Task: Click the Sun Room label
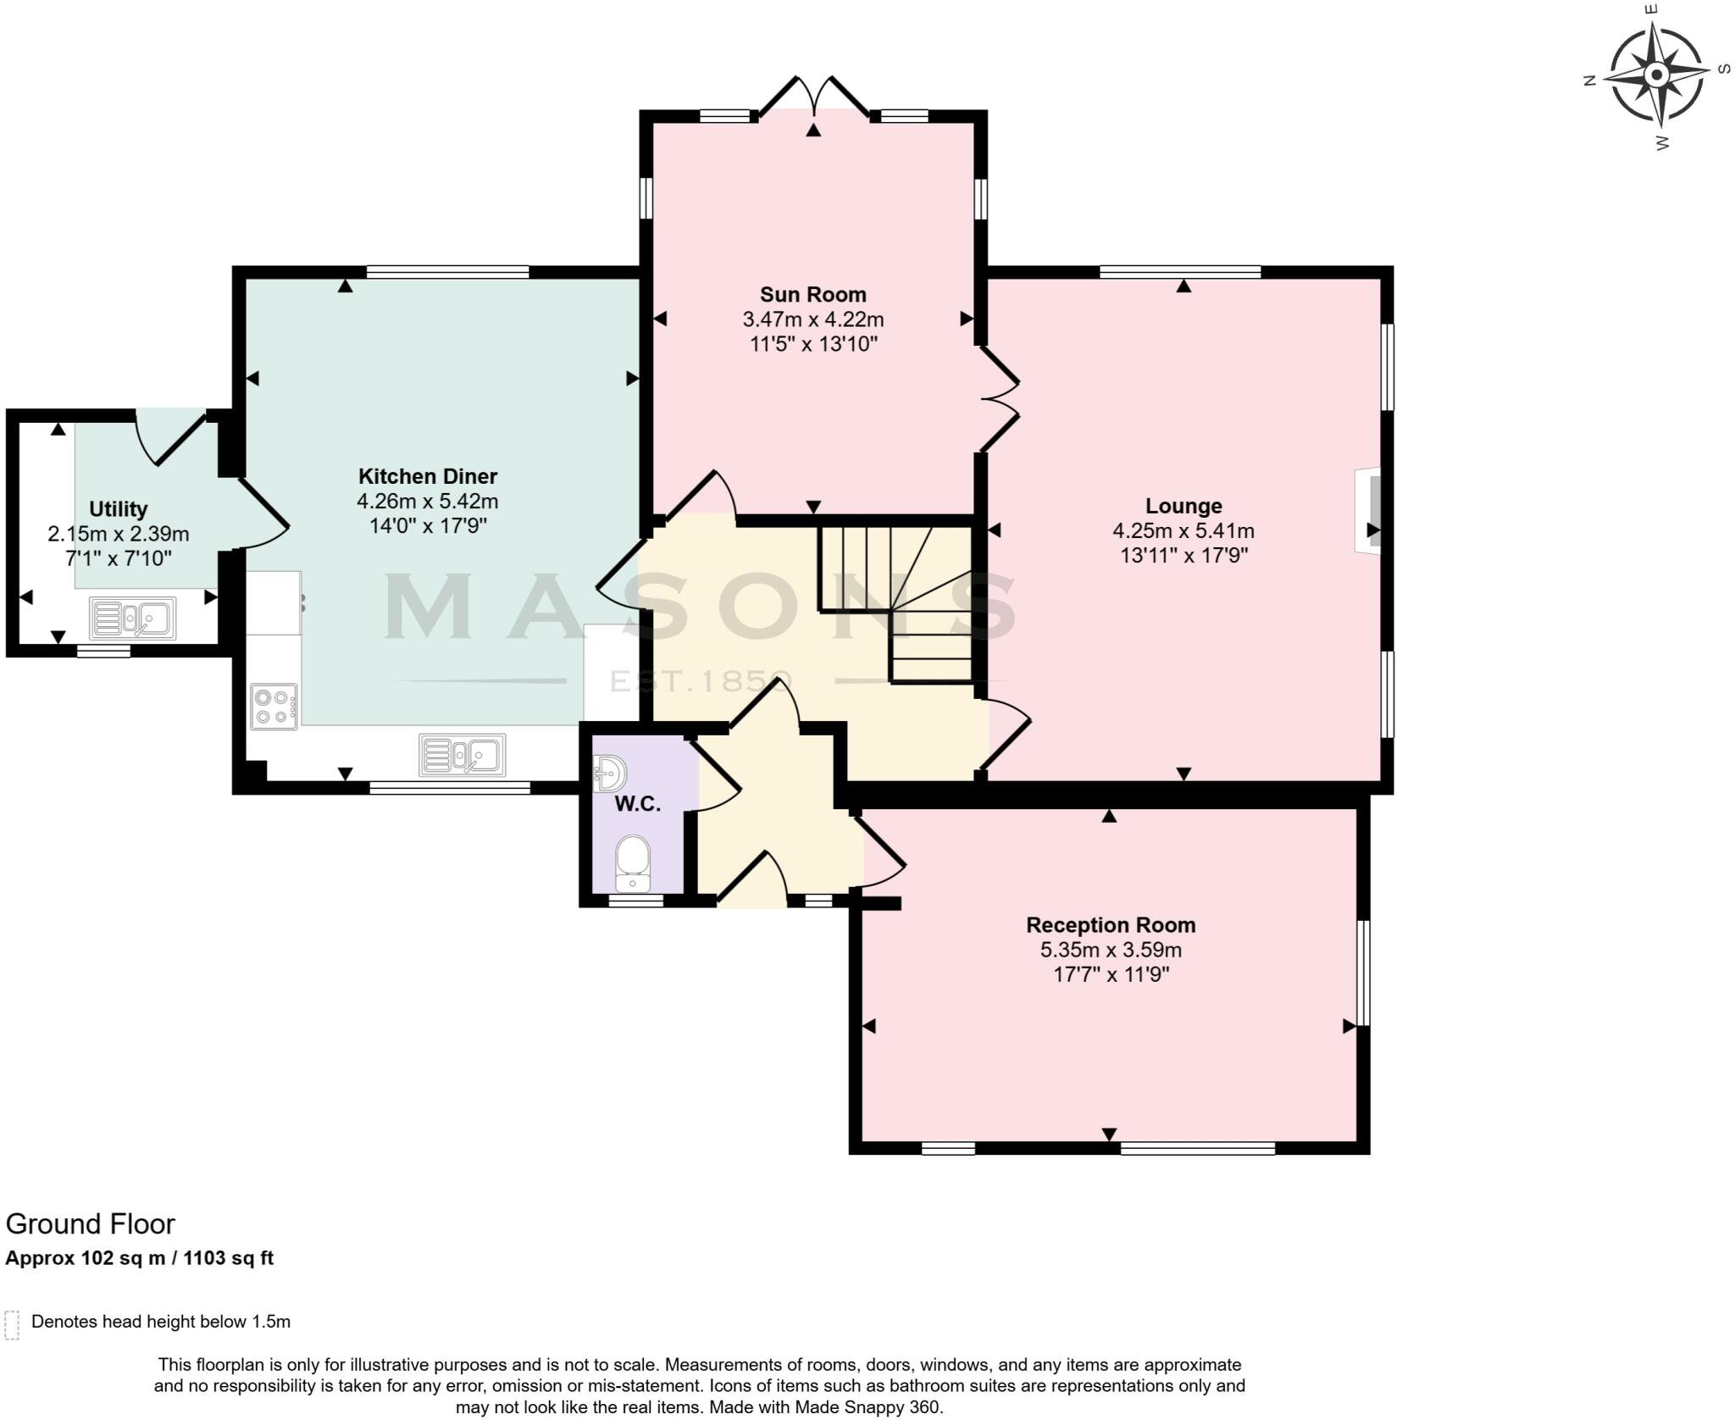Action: click(x=812, y=295)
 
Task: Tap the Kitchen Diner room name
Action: click(x=427, y=476)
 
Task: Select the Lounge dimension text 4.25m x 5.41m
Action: click(x=1183, y=531)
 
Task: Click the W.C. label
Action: click(x=637, y=804)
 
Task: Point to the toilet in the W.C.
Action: click(x=632, y=863)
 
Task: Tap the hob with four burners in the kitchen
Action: click(x=274, y=706)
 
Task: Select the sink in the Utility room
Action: click(x=133, y=618)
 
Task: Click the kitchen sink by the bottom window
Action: click(x=462, y=754)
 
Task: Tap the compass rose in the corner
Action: click(x=1655, y=75)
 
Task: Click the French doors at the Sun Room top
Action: click(x=813, y=97)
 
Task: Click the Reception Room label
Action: click(x=1111, y=925)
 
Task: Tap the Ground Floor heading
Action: click(x=91, y=1224)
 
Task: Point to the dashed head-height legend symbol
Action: click(x=12, y=1325)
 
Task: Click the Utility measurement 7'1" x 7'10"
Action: click(x=118, y=558)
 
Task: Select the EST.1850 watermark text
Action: click(x=701, y=681)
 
